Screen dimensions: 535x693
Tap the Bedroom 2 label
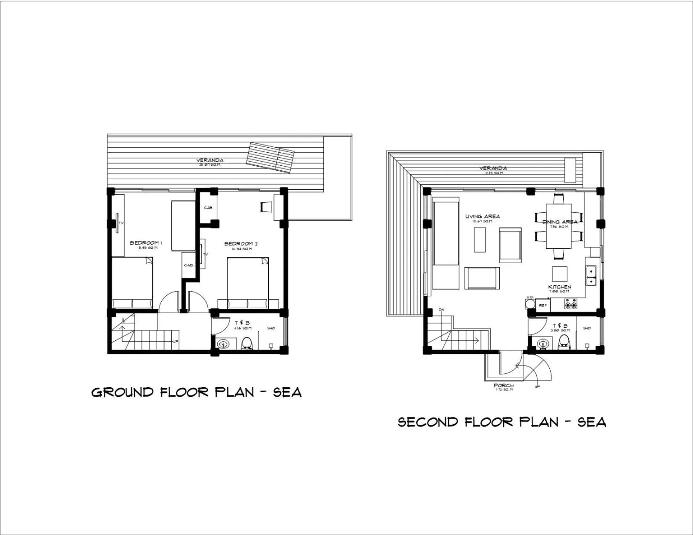click(x=241, y=244)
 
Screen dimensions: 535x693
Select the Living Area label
click(x=482, y=217)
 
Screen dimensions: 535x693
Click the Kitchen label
click(x=559, y=287)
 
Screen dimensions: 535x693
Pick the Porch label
click(x=503, y=385)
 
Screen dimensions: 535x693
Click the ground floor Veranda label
click(x=210, y=160)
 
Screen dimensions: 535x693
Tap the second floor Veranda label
click(x=493, y=168)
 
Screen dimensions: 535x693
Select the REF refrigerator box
click(x=543, y=305)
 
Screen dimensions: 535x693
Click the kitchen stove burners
click(x=570, y=304)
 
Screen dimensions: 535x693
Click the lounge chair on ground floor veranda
click(x=270, y=157)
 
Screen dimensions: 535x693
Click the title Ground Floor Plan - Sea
click(x=197, y=392)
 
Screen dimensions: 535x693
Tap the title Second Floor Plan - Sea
click(x=502, y=422)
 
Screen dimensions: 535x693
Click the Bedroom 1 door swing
click(x=170, y=301)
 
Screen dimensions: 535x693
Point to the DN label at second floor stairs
click(x=441, y=310)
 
